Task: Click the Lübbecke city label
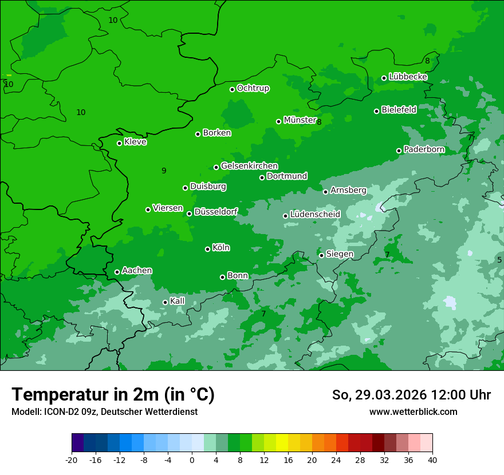(408, 77)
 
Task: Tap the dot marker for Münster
(279, 121)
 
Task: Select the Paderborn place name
(424, 149)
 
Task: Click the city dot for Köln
(208, 249)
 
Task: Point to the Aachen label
(137, 270)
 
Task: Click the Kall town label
(177, 301)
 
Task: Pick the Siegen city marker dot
(322, 255)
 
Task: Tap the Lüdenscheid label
(315, 215)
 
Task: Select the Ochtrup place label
(253, 88)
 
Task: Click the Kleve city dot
(120, 143)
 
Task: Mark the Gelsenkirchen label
(249, 166)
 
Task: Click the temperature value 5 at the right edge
(499, 260)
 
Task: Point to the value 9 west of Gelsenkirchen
(164, 171)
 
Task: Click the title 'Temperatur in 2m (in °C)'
(113, 394)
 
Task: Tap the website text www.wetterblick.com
(413, 411)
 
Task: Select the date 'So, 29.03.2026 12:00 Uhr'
(411, 395)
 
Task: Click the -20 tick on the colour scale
(72, 460)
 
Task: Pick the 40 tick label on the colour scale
(432, 460)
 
